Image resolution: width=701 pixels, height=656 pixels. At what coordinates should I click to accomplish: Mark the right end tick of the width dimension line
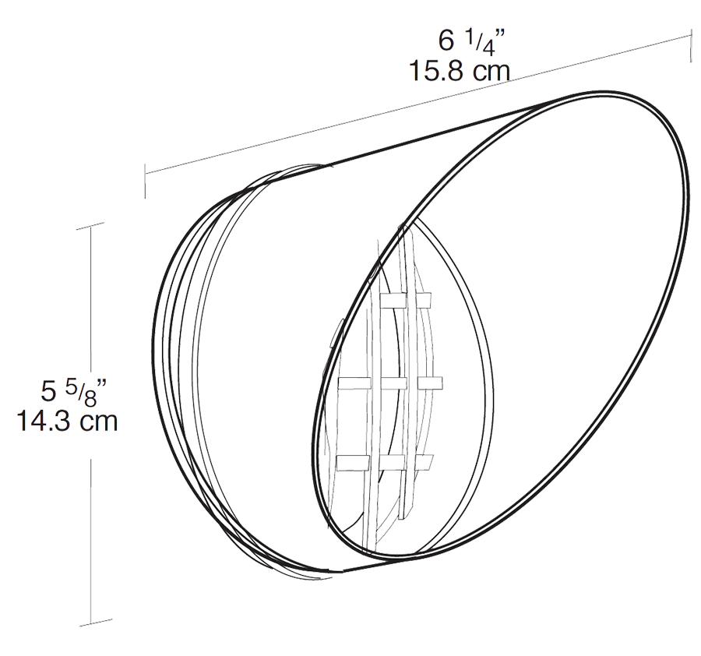point(692,44)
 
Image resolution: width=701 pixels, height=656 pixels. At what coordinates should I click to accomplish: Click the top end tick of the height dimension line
point(92,226)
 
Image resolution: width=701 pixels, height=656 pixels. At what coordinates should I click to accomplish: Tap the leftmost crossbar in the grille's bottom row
point(352,464)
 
